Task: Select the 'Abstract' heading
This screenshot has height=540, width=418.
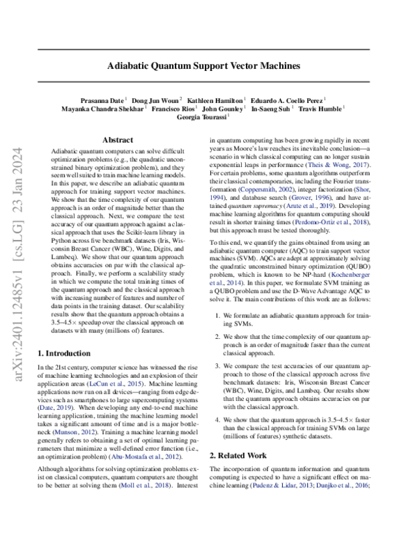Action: (118, 140)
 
